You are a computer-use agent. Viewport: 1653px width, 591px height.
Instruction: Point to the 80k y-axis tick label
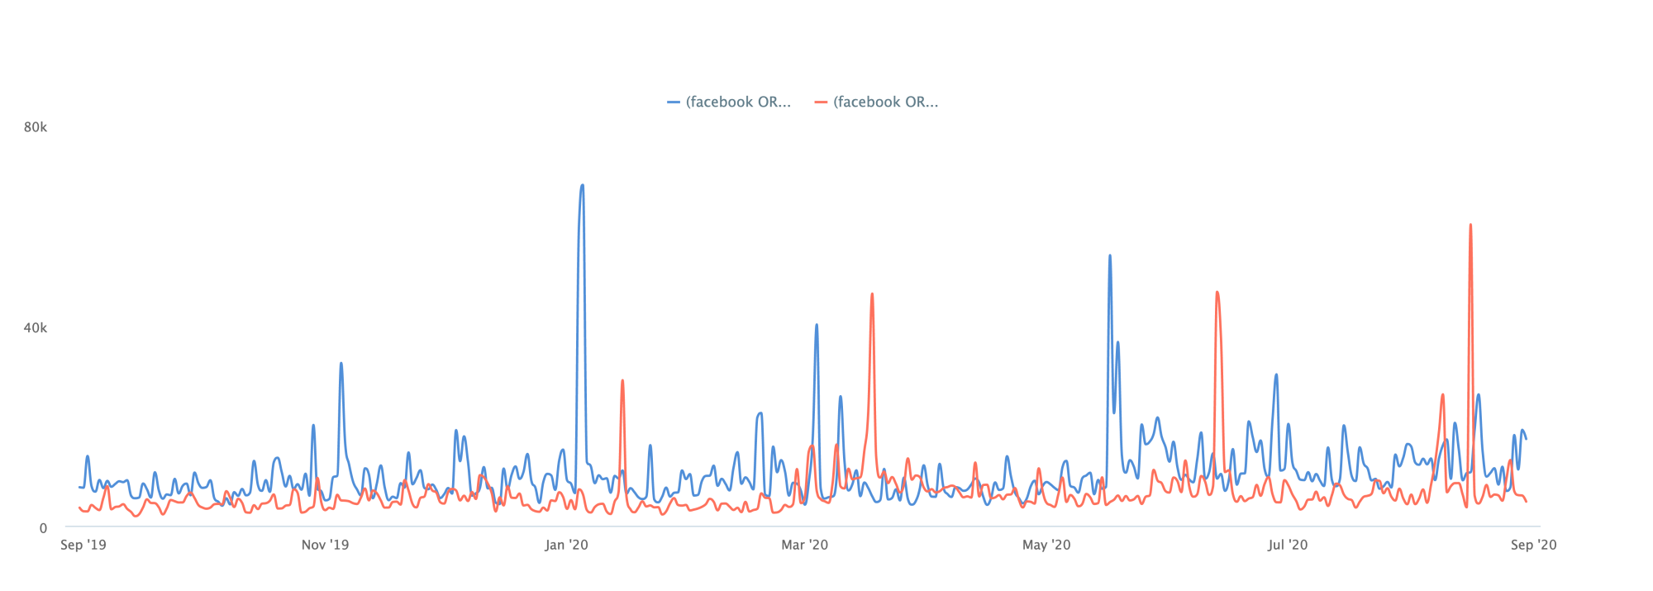pyautogui.click(x=36, y=127)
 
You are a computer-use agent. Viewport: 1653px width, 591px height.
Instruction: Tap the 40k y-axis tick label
pyautogui.click(x=36, y=328)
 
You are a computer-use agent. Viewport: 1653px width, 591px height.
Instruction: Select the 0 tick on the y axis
pyautogui.click(x=43, y=529)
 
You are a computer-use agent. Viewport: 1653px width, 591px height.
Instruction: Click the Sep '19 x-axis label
pyautogui.click(x=83, y=545)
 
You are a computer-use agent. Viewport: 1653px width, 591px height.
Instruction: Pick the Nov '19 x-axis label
pyautogui.click(x=325, y=545)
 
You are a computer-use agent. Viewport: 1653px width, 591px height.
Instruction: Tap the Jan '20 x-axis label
pyautogui.click(x=566, y=545)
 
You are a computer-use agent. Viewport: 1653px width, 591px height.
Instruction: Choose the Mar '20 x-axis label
pyautogui.click(x=804, y=545)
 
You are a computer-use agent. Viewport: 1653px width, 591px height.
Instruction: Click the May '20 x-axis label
pyautogui.click(x=1046, y=545)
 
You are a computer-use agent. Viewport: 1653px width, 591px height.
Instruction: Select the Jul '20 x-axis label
pyautogui.click(x=1288, y=545)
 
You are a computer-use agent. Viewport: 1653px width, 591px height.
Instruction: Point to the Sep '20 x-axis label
pyautogui.click(x=1533, y=545)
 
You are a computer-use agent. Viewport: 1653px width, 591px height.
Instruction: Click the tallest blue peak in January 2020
pyautogui.click(x=582, y=186)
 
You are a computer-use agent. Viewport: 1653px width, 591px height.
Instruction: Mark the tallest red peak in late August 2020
pyautogui.click(x=1470, y=225)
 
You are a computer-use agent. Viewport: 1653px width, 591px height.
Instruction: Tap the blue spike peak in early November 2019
pyautogui.click(x=341, y=364)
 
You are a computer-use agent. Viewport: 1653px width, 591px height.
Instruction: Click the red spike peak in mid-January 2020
pyautogui.click(x=622, y=381)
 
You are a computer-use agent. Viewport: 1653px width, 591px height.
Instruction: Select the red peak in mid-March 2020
pyautogui.click(x=872, y=294)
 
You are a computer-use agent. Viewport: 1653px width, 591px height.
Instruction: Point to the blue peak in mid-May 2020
pyautogui.click(x=1109, y=256)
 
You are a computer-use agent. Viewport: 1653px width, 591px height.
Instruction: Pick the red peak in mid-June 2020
pyautogui.click(x=1217, y=293)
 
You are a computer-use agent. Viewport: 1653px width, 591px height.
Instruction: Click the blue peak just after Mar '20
pyautogui.click(x=817, y=326)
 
